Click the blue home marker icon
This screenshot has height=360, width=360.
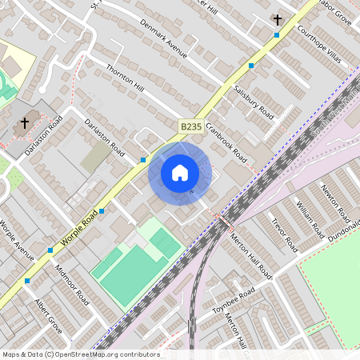180,172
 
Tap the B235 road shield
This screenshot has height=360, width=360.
190,126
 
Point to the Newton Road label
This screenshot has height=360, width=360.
335,203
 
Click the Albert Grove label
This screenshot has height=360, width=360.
48,317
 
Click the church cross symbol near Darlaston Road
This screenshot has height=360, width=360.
25,123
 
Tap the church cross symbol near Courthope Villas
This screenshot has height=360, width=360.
278,18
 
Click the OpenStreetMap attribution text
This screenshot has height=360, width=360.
80,354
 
